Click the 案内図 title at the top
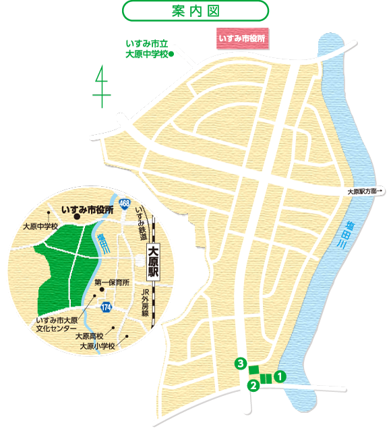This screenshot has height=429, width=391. (x=195, y=11)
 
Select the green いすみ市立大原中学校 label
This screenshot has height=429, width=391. (x=149, y=49)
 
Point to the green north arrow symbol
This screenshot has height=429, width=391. (x=102, y=86)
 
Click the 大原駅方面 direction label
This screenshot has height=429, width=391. (x=365, y=192)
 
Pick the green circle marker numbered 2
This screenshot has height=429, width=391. (x=253, y=386)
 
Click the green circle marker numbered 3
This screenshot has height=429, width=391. (x=239, y=364)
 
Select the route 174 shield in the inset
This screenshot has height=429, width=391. (x=107, y=308)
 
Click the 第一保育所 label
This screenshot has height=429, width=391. (x=111, y=283)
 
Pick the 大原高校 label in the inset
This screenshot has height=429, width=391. (x=90, y=336)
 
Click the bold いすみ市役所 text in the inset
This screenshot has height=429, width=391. (x=88, y=210)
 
